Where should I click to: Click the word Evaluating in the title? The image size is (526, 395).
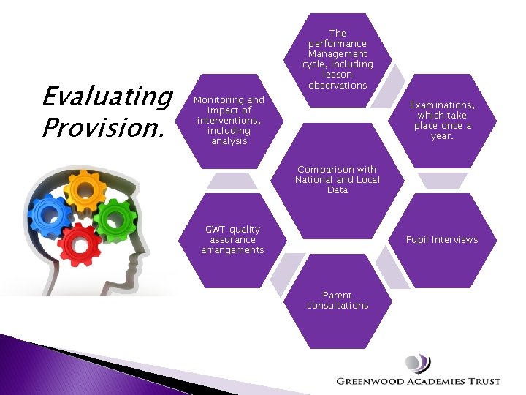107,97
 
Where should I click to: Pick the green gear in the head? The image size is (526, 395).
115,218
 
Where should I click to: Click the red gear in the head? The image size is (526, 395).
80,246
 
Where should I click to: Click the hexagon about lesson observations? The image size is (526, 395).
338,59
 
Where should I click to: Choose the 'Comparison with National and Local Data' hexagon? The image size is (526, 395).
338,180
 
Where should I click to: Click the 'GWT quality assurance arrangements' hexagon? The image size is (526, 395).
232,240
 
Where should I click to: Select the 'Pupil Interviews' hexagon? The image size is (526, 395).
442,240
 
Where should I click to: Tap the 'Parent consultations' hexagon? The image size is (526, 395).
338,301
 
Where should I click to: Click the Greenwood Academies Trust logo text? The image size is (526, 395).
418,381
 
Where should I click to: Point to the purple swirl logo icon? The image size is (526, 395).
418,363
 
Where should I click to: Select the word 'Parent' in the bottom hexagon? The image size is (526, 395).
338,296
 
